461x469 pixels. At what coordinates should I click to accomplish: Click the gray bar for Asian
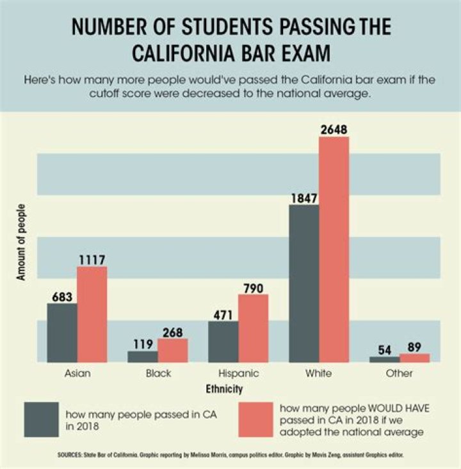pos(62,333)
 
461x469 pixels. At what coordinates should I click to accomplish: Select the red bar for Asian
pos(92,314)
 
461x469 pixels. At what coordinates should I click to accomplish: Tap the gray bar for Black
pos(143,357)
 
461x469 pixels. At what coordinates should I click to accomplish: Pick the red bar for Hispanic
pos(254,328)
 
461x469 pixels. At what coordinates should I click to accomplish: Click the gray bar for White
pos(304,284)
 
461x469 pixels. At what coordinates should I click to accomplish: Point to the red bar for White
pos(334,249)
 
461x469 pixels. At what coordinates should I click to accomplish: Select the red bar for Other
pos(415,358)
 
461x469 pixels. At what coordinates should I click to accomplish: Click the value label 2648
pos(334,129)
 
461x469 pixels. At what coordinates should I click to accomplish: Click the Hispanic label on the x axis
pos(239,374)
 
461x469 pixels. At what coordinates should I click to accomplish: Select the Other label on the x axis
pos(400,374)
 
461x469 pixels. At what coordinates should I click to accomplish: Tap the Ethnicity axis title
pos(224,388)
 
